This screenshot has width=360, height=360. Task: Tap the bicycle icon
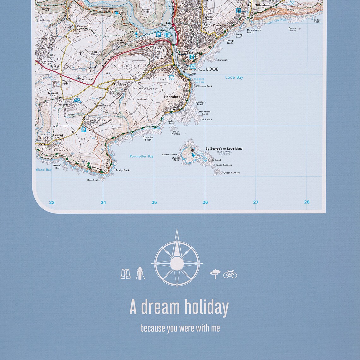click(x=230, y=274)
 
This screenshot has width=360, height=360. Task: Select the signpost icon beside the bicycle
click(x=215, y=274)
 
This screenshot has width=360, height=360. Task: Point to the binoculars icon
click(x=126, y=273)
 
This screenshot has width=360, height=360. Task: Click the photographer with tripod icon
click(x=140, y=273)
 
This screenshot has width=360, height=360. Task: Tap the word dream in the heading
click(x=160, y=307)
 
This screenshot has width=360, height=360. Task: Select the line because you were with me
click(x=180, y=328)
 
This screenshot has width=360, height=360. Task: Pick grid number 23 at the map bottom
click(x=52, y=202)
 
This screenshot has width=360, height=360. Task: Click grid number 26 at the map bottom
click(x=205, y=202)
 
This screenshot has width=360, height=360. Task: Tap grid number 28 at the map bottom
click(x=307, y=202)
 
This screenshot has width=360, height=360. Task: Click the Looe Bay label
click(x=234, y=77)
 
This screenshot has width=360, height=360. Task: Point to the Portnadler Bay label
click(x=141, y=156)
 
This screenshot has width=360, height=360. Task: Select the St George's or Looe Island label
click(x=224, y=148)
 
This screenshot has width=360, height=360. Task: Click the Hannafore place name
click(x=172, y=97)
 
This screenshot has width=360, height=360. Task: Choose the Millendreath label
click(x=263, y=5)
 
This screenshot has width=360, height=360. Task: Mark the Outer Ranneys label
click(x=231, y=173)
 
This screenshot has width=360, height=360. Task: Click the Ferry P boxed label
click(x=162, y=79)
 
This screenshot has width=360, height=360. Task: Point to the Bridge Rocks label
click(x=123, y=170)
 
